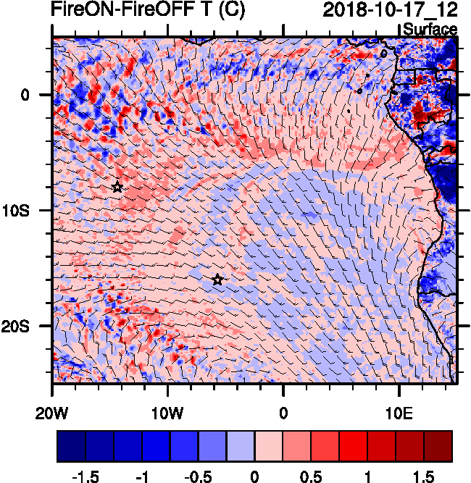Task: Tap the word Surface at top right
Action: point(430,29)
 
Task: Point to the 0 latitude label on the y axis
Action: point(24,95)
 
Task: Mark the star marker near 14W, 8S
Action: point(117,187)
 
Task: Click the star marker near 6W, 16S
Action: point(217,280)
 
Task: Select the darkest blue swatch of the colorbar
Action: point(71,446)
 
